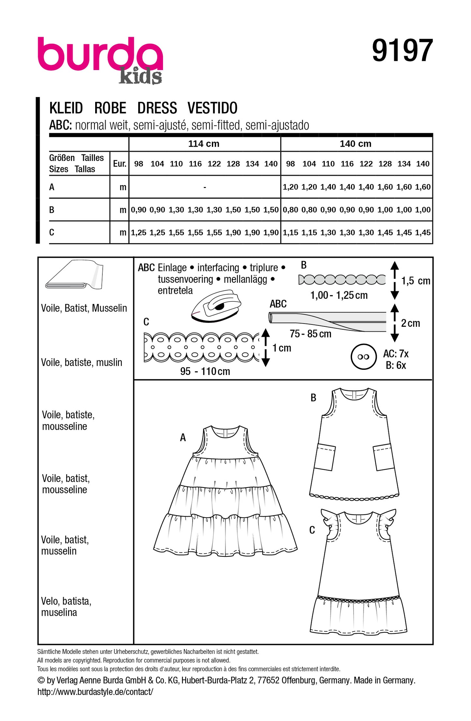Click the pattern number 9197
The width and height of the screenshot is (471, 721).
tap(402, 50)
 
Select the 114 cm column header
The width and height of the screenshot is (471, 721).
tap(204, 144)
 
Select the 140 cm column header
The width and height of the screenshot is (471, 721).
tap(355, 144)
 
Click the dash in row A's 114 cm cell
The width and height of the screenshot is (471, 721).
tap(204, 187)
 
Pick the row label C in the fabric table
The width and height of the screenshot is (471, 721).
tap(52, 232)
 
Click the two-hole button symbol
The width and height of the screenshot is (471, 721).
tap(363, 357)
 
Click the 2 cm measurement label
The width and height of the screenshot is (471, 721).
tap(410, 323)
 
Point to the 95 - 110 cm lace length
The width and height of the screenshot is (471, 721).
tap(205, 371)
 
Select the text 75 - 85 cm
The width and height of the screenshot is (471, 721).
tap(310, 334)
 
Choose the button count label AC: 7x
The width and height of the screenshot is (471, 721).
tap(396, 354)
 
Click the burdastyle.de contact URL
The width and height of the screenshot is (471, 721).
tap(95, 692)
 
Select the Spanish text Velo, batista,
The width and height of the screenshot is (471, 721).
tap(66, 601)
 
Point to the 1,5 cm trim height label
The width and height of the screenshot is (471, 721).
tap(416, 281)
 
